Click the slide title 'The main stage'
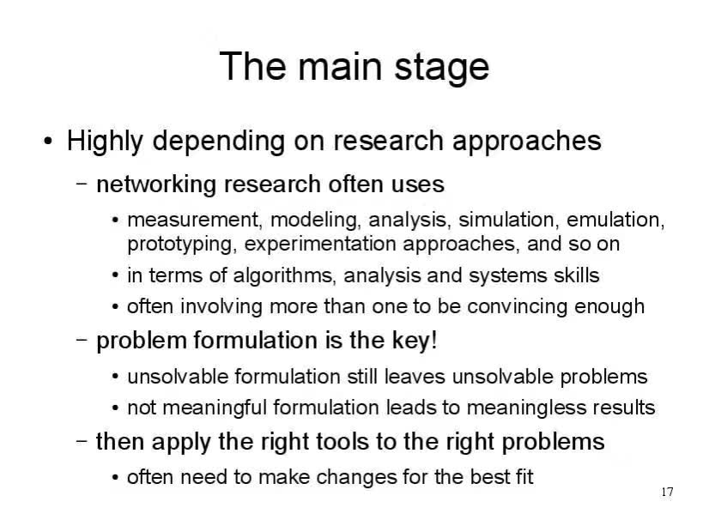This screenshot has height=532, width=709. tap(354, 67)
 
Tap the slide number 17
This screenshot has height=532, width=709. tap(667, 492)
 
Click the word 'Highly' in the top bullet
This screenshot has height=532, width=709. tap(105, 141)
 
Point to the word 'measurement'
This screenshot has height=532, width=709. tap(192, 221)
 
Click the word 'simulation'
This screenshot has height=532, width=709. tap(506, 221)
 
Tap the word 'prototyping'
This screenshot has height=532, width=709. tap(181, 245)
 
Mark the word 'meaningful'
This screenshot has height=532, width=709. tap(215, 408)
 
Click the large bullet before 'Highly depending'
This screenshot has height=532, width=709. tap(48, 142)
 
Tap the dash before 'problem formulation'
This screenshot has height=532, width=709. tap(82, 339)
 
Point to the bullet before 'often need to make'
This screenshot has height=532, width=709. tap(116, 478)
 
